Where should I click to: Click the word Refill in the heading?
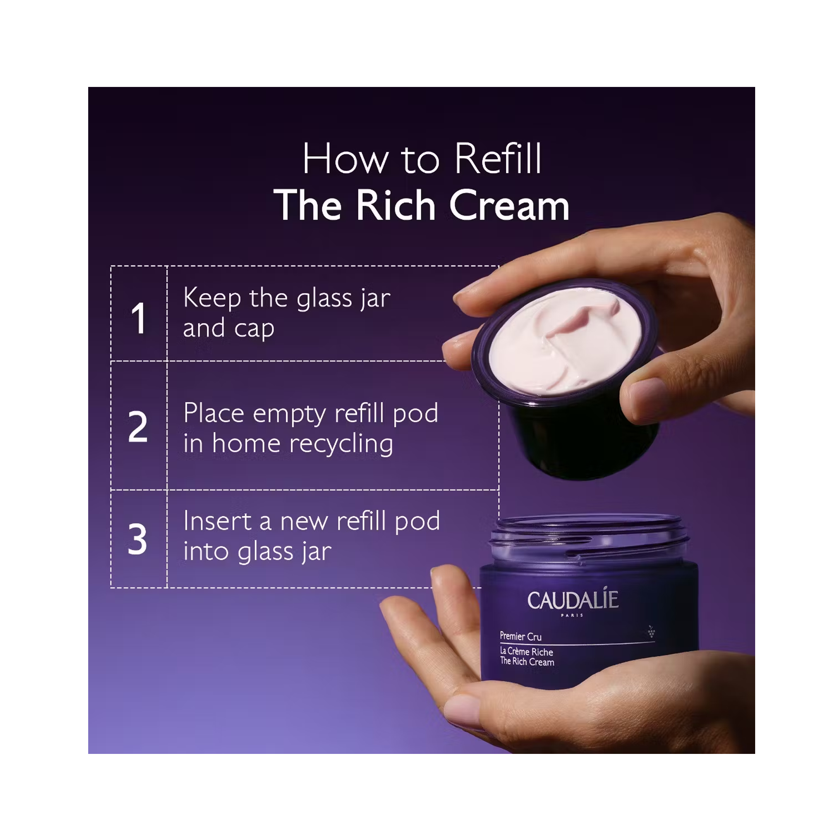[x=498, y=159]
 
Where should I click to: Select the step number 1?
[x=139, y=318]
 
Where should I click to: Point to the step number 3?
[x=137, y=539]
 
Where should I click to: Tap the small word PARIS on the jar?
[x=572, y=615]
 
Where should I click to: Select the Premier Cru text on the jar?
[x=520, y=637]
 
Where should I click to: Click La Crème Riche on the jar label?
[x=526, y=651]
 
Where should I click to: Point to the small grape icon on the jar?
[x=651, y=632]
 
